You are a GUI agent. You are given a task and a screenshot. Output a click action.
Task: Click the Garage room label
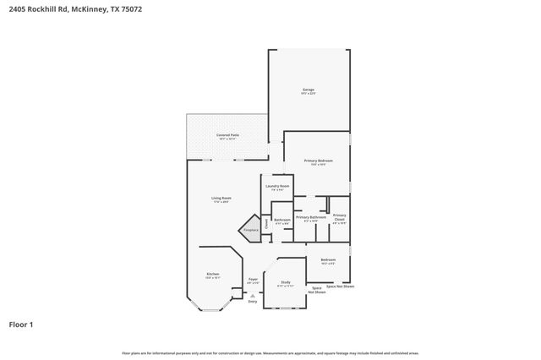click(x=309, y=90)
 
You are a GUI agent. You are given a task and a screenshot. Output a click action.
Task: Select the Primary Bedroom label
click(x=318, y=161)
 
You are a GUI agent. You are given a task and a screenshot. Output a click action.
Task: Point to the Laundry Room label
click(x=277, y=186)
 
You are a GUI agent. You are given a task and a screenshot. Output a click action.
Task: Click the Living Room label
click(x=221, y=199)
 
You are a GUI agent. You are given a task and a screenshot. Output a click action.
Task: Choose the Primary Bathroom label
click(x=310, y=218)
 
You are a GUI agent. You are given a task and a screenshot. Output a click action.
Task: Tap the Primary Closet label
click(x=340, y=219)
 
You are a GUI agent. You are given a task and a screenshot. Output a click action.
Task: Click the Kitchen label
click(x=213, y=274)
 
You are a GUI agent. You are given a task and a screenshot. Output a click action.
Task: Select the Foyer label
click(x=252, y=279)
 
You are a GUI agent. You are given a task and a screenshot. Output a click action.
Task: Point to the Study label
click(x=285, y=282)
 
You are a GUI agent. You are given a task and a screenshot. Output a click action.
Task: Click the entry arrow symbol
click(x=252, y=295)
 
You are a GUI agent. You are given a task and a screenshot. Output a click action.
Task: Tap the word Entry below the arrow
click(x=252, y=302)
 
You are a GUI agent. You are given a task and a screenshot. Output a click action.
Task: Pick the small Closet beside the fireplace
click(x=266, y=224)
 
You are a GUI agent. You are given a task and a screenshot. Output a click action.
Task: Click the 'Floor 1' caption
click(x=21, y=324)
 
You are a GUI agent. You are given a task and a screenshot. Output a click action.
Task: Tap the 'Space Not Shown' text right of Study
click(x=319, y=289)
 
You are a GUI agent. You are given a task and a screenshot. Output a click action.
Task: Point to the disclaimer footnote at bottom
click(x=270, y=353)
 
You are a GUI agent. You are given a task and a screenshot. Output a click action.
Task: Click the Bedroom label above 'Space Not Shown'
click(x=328, y=259)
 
